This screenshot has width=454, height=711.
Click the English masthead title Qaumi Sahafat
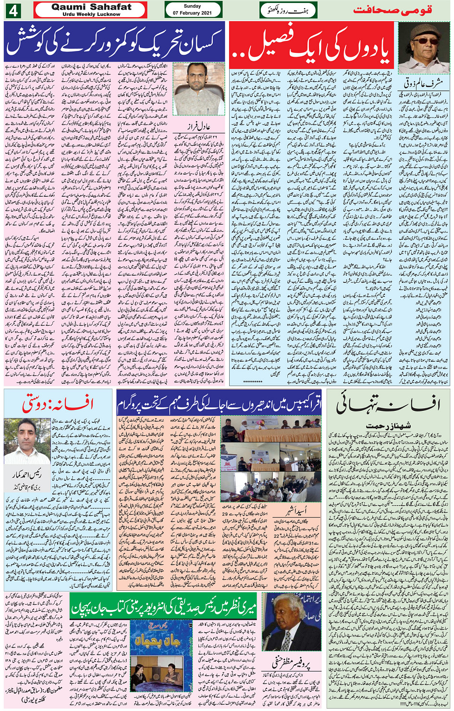91,7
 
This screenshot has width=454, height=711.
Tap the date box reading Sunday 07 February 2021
193,10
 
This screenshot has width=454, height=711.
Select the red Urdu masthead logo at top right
393,10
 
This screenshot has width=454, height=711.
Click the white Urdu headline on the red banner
311,45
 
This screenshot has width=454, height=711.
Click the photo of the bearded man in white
198,89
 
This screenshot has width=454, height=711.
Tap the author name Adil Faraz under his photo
198,127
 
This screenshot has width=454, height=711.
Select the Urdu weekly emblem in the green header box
288,10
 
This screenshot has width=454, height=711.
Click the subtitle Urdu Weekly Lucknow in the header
91,14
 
